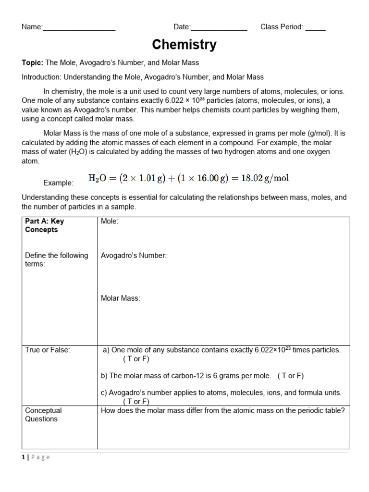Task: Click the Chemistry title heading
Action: (184, 45)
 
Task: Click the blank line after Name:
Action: (79, 28)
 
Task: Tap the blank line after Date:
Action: (219, 28)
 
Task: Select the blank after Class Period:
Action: (315, 28)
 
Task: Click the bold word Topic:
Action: (33, 62)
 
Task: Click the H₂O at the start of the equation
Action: (98, 179)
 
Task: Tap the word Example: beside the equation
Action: (59, 183)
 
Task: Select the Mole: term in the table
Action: (110, 221)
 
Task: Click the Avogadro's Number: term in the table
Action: (134, 256)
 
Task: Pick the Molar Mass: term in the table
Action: (121, 298)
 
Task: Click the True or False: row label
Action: (48, 350)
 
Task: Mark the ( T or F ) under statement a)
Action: (136, 359)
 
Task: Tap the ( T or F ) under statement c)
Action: (136, 402)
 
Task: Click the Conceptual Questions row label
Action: (43, 415)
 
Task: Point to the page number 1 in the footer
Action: (24, 457)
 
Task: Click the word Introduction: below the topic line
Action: (42, 77)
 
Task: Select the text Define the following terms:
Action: (56, 259)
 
